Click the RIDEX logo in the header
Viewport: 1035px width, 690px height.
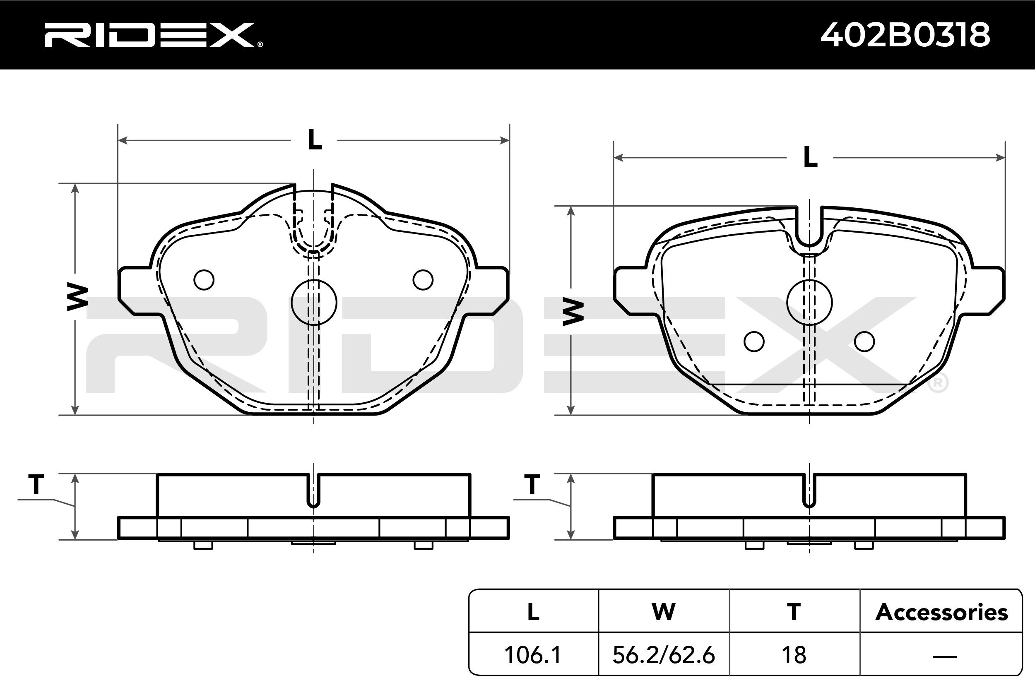pyautogui.click(x=153, y=35)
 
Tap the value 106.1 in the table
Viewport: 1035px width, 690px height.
pyautogui.click(x=533, y=655)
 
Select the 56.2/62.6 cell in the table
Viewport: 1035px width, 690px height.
pyautogui.click(x=664, y=655)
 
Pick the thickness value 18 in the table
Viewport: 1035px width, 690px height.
pyautogui.click(x=794, y=655)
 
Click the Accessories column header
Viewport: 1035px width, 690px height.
pyautogui.click(x=942, y=612)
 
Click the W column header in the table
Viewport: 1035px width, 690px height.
pyautogui.click(x=664, y=612)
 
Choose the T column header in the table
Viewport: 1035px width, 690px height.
pyautogui.click(x=794, y=612)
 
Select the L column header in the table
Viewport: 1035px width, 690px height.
pyautogui.click(x=533, y=612)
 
